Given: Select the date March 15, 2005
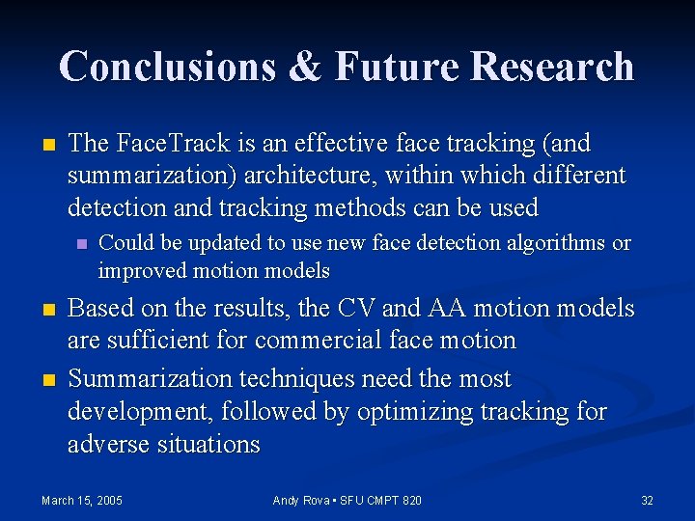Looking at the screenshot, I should point(82,500).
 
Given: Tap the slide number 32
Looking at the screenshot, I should point(647,500).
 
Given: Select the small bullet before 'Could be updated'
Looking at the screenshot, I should point(82,244).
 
